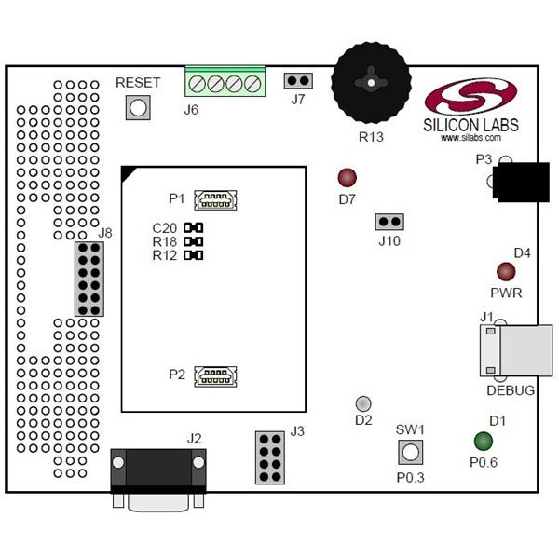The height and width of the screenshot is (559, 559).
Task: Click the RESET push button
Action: [138, 107]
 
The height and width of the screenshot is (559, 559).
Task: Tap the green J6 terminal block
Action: [225, 83]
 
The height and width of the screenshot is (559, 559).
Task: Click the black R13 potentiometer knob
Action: [371, 83]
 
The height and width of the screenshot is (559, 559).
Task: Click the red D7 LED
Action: [348, 177]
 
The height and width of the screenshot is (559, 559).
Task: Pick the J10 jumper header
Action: [389, 222]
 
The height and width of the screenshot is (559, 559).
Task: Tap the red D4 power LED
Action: [506, 271]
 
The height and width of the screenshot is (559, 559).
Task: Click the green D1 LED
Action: [484, 441]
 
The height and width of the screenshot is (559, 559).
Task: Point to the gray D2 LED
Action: [363, 403]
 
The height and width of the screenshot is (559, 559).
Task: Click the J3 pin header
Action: [268, 457]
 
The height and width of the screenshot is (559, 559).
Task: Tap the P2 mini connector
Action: [215, 375]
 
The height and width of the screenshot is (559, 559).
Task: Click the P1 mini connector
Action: [215, 198]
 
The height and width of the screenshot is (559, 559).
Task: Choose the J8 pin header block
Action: [89, 278]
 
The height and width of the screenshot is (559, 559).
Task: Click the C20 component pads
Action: [194, 227]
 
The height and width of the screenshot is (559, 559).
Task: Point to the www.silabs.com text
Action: [471, 138]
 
